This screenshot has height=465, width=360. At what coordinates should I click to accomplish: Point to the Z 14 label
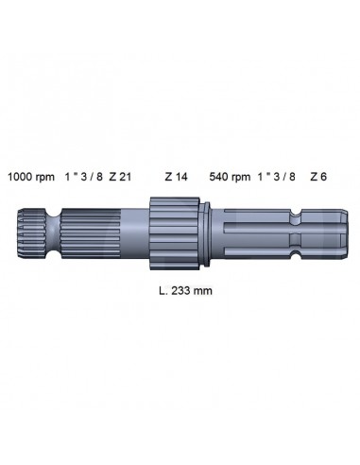pos(177,177)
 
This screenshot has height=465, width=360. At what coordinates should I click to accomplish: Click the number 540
pos(220,177)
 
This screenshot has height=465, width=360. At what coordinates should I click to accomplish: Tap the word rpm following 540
pos(244,177)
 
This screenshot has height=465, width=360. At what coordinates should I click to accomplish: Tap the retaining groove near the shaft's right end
pos(299,232)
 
